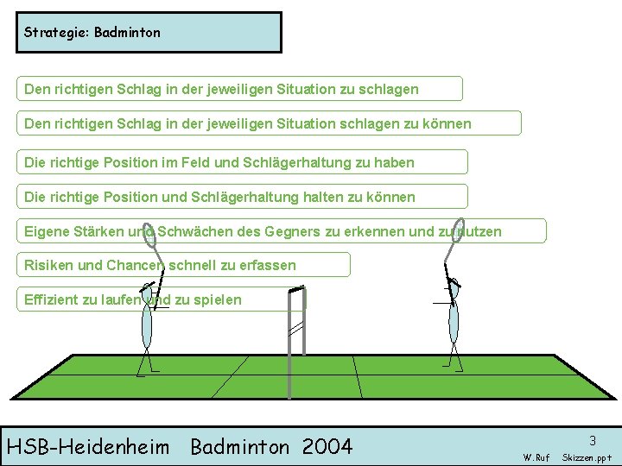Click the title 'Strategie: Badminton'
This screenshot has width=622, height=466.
(x=92, y=33)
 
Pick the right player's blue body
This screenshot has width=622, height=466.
(x=453, y=320)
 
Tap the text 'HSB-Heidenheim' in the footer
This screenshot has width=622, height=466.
(x=88, y=446)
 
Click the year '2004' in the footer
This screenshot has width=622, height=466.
(x=327, y=446)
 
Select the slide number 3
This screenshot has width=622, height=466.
(x=593, y=440)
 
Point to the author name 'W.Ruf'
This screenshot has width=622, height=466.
(x=536, y=457)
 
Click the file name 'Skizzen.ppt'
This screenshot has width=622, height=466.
(x=587, y=457)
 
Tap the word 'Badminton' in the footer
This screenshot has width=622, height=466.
(x=241, y=446)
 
